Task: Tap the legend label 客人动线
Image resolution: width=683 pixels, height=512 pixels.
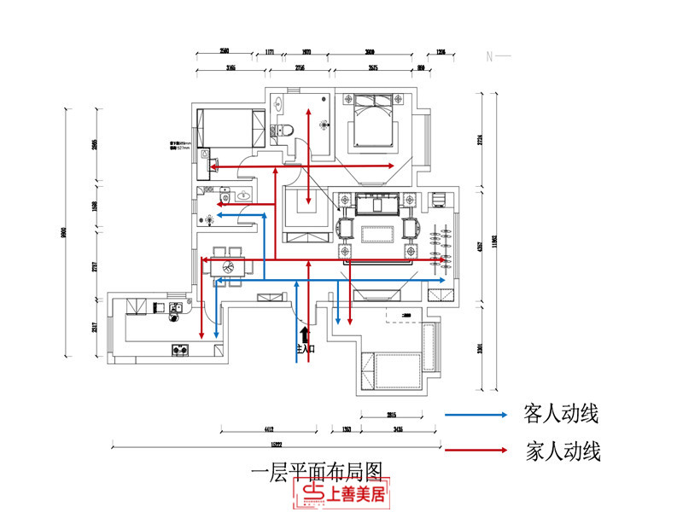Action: click(561, 415)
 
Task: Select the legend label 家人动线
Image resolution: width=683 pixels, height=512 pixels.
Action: click(561, 451)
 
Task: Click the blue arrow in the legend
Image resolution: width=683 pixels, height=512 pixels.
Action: click(475, 415)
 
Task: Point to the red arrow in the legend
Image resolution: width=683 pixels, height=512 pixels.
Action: click(475, 450)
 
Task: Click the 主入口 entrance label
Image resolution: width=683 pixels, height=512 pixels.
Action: click(305, 348)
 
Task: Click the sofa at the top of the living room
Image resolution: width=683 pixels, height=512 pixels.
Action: click(377, 205)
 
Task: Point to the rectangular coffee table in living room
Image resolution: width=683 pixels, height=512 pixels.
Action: click(377, 233)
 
